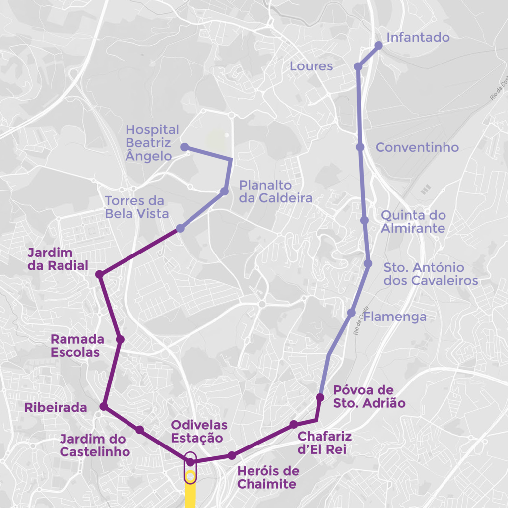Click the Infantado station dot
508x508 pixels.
(379, 45)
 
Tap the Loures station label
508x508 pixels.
(311, 66)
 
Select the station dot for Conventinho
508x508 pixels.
(360, 147)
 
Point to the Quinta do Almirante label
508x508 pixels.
(413, 222)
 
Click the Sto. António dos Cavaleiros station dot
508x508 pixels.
(368, 263)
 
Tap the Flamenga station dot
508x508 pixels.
(351, 313)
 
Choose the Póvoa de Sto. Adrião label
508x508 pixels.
(369, 396)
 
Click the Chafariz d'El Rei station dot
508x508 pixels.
(294, 424)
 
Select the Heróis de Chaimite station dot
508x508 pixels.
(232, 455)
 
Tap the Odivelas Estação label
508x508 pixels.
(199, 432)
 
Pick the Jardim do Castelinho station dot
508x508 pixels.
(140, 430)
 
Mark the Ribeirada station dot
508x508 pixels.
(104, 406)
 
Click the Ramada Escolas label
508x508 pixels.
(77, 346)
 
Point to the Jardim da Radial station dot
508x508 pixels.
(99, 274)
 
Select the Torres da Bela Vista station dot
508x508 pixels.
(180, 228)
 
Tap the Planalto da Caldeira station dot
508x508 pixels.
(224, 191)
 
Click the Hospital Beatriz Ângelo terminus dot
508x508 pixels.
(184, 147)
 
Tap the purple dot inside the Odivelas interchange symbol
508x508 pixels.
(190, 462)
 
